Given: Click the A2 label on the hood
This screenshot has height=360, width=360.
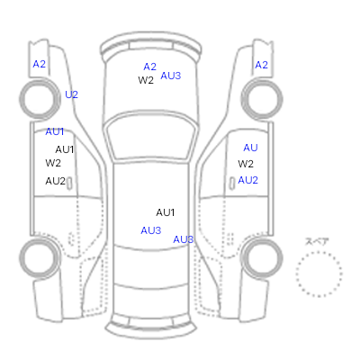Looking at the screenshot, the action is (150, 67).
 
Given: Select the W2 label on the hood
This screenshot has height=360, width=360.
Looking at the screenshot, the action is (146, 80).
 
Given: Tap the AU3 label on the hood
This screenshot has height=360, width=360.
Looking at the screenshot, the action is (171, 76).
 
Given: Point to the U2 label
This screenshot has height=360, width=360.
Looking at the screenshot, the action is (71, 94).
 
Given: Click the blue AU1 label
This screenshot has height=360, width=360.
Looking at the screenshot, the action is (55, 131).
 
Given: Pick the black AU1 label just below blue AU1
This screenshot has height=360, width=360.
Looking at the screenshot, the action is (65, 149).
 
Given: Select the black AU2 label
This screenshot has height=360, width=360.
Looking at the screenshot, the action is (56, 181).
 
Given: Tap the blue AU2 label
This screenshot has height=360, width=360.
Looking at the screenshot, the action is (247, 180).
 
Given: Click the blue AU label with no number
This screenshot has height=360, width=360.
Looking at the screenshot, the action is (250, 148).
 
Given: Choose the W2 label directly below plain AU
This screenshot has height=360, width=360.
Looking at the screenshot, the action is (246, 164).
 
